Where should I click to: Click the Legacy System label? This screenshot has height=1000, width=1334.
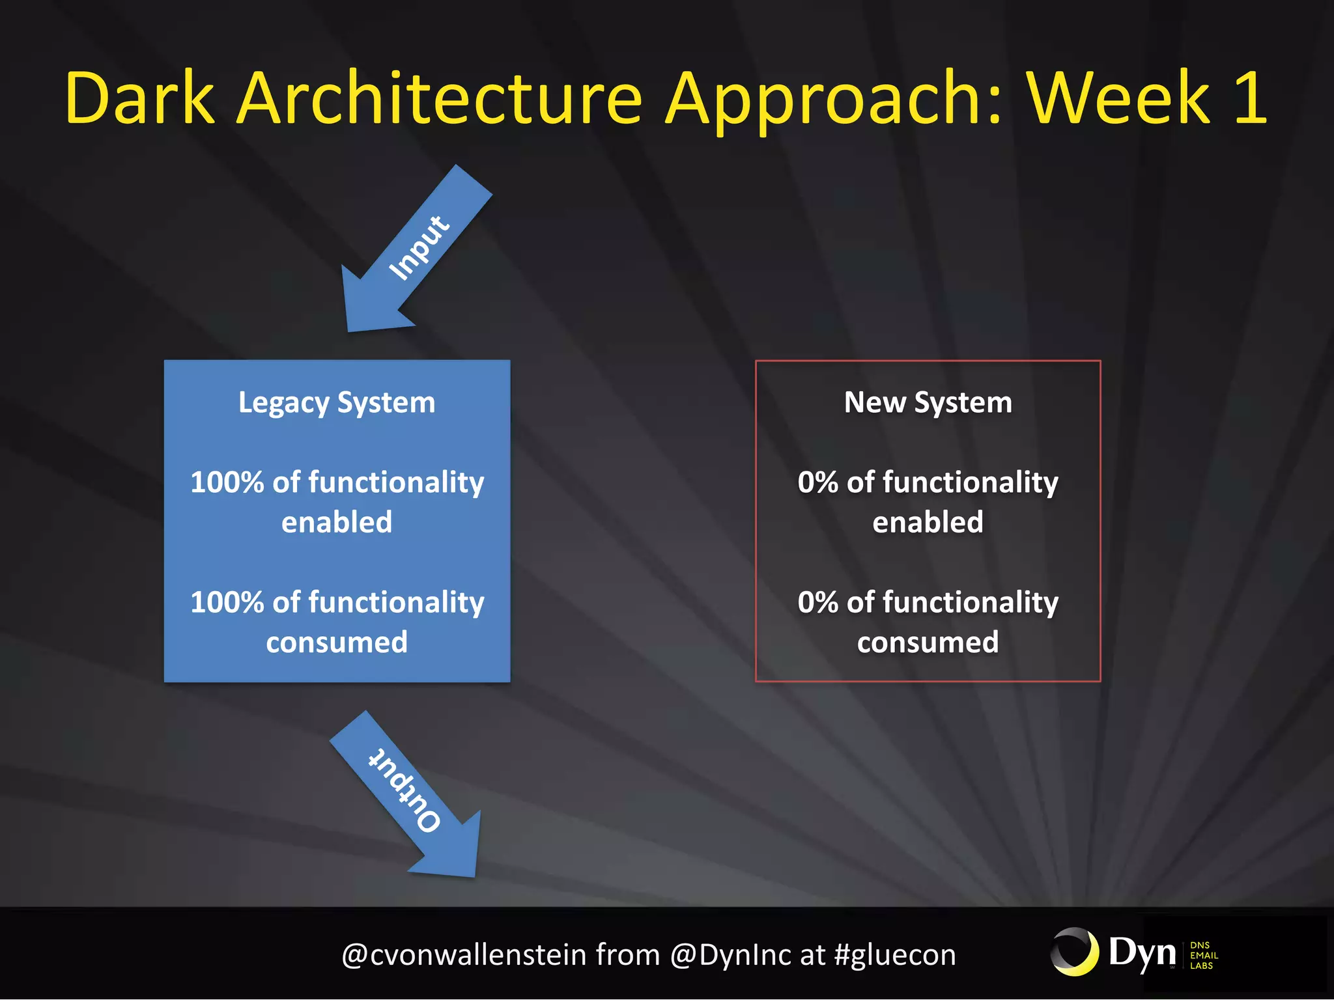click(337, 402)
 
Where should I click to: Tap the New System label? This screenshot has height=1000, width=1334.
click(928, 402)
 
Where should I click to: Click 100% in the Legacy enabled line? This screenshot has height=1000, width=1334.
click(227, 482)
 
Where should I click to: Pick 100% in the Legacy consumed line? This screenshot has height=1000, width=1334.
click(227, 602)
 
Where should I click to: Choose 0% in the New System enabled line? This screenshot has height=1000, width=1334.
click(817, 482)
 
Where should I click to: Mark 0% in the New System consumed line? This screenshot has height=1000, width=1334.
click(817, 602)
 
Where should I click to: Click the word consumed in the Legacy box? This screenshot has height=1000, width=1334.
click(337, 643)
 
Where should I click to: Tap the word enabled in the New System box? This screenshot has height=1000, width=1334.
click(928, 522)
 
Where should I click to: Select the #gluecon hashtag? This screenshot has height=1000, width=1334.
click(895, 955)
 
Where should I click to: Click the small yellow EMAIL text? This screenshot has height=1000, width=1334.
click(1204, 956)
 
